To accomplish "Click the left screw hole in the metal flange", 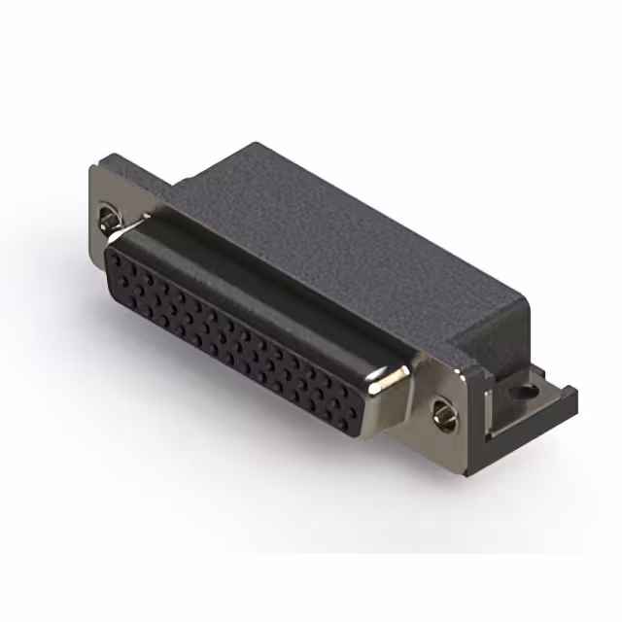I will click(107, 216).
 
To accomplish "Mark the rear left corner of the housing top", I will click(255, 146).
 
